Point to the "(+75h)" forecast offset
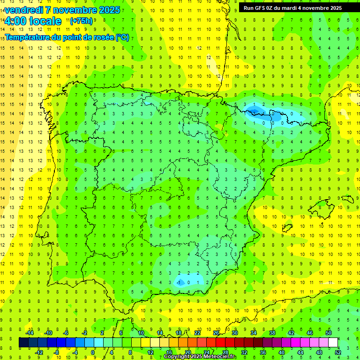pos(81,21)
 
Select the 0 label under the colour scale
pos(93,352)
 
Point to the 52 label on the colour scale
pos(338,352)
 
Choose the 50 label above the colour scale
pos(329,332)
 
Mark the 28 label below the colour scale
pos(225,352)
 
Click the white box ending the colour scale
pos(333,343)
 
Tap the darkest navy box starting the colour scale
pos(23,343)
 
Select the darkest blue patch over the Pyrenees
pos(255,111)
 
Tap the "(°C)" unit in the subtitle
pos(121,37)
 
